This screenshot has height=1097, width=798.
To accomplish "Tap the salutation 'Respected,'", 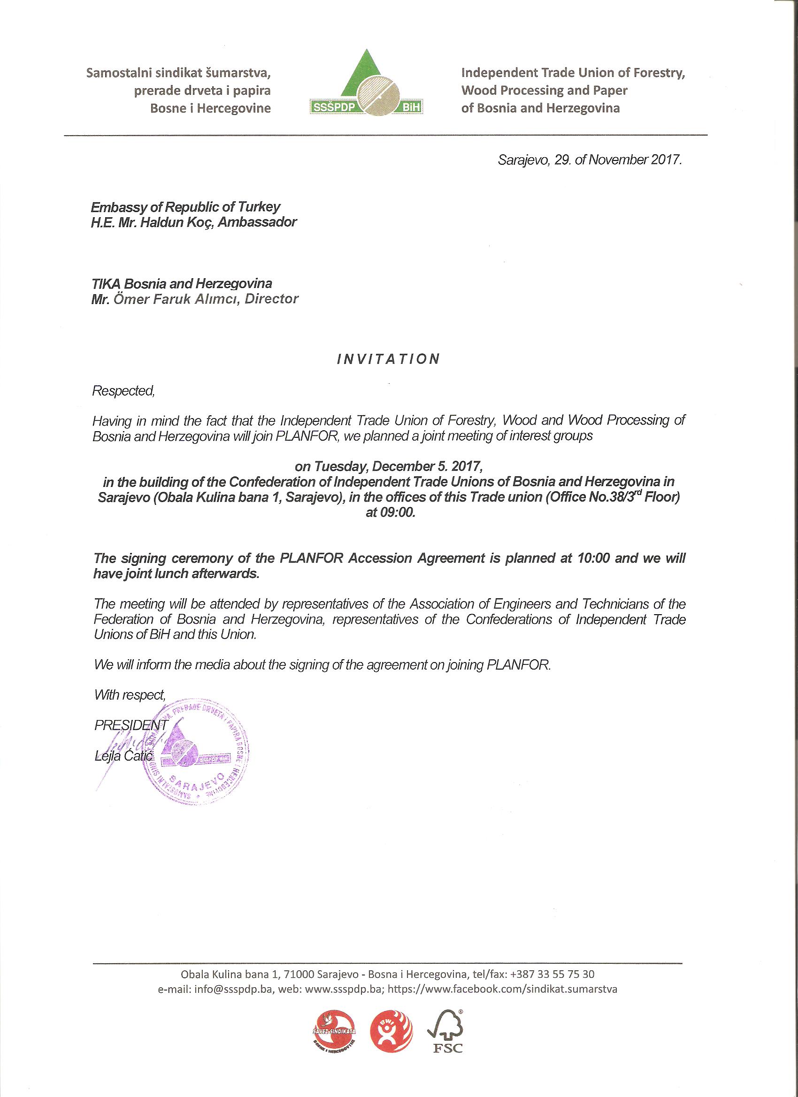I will tap(123, 391).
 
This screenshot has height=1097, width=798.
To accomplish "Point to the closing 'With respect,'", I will tap(130, 695).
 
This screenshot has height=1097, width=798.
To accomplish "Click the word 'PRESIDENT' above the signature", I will tap(131, 725).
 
